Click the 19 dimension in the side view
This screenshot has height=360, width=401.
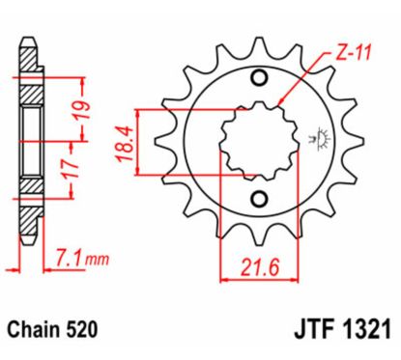(x=86, y=102)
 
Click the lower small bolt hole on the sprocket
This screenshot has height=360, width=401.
(x=259, y=200)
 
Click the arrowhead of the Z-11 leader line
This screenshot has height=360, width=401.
(x=278, y=100)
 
